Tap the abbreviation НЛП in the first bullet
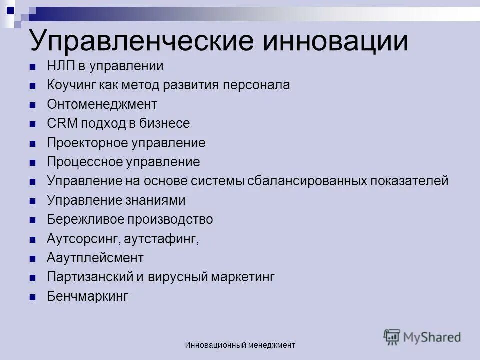(x=61, y=66)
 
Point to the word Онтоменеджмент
(x=102, y=105)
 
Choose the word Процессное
(x=85, y=162)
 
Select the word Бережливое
(x=85, y=219)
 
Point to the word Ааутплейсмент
(x=95, y=258)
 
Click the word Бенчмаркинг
(x=88, y=296)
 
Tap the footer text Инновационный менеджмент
(x=240, y=345)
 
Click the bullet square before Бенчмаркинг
(x=33, y=297)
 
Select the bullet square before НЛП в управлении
(x=33, y=66)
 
